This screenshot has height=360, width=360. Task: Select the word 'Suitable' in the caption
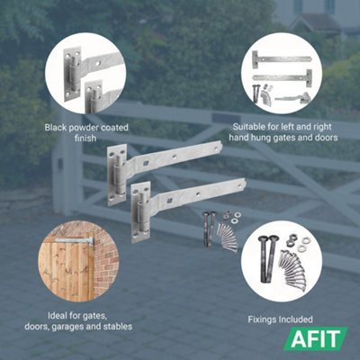coord(248,127)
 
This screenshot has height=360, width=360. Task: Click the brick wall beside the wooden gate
coord(107,261)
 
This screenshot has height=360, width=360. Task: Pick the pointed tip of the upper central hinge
coord(220,146)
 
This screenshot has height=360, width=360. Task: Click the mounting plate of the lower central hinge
coord(139,211)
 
